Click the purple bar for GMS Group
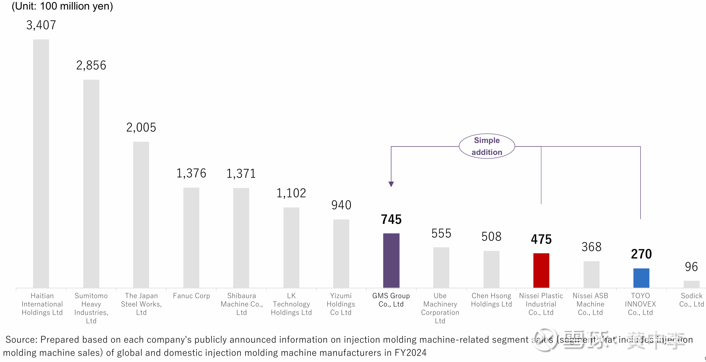391,260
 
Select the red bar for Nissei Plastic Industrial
541,270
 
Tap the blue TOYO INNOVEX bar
641,278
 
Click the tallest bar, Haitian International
41,163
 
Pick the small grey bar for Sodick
691,284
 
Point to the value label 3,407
41,25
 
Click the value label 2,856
91,65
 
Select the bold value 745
391,219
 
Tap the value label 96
691,267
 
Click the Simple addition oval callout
487,146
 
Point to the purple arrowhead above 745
391,184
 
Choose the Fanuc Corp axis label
191,296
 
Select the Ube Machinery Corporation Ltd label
440,308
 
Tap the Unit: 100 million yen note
63,6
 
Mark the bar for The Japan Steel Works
141,215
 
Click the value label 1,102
291,193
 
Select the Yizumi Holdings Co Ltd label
341,304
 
